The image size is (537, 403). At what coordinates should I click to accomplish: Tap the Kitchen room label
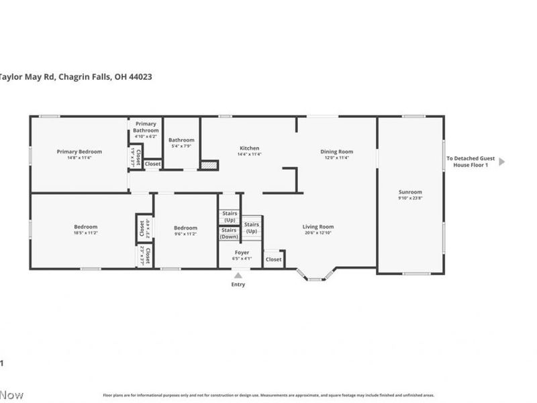pyautogui.click(x=249, y=148)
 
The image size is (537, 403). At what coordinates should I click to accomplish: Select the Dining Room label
pyautogui.click(x=337, y=152)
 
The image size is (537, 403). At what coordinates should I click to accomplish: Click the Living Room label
pyautogui.click(x=318, y=227)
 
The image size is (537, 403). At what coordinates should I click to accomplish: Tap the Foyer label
pyautogui.click(x=242, y=253)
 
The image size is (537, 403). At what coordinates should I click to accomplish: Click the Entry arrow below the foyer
pyautogui.click(x=238, y=275)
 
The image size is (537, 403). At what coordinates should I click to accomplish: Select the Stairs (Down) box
pyautogui.click(x=230, y=233)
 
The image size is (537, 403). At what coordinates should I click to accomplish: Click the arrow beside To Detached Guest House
pyautogui.click(x=501, y=161)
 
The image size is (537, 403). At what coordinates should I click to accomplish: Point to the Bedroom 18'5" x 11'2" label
pyautogui.click(x=86, y=227)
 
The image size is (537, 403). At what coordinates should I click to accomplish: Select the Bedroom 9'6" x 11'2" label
pyautogui.click(x=185, y=228)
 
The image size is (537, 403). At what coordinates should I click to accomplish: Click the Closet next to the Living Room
pyautogui.click(x=273, y=259)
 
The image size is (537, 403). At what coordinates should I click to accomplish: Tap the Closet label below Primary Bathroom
pyautogui.click(x=152, y=164)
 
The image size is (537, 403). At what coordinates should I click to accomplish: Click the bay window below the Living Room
pyautogui.click(x=315, y=275)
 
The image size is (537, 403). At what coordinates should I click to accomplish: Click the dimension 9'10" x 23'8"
pyautogui.click(x=410, y=198)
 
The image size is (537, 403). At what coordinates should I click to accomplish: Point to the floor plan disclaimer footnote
pyautogui.click(x=268, y=396)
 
